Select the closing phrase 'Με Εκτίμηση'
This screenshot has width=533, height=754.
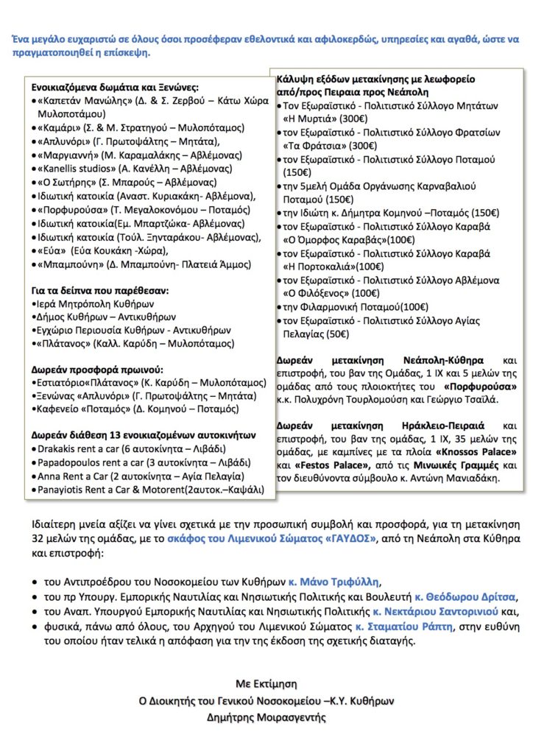[x=266, y=683]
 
